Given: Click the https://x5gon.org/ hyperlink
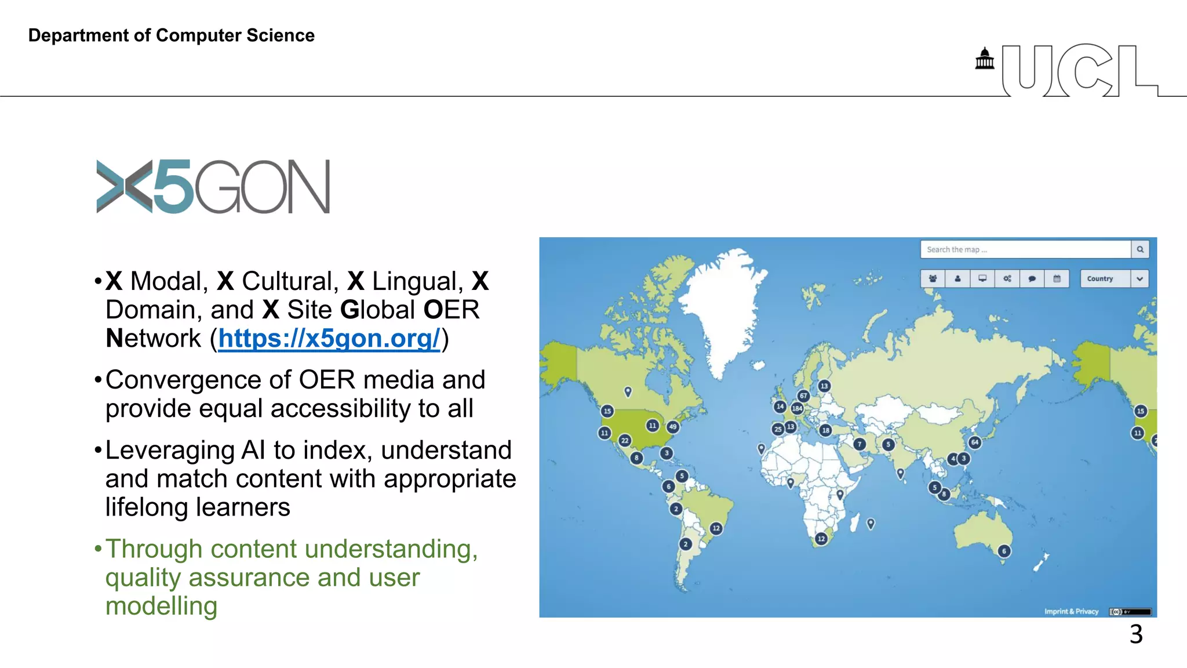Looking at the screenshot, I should pos(329,339).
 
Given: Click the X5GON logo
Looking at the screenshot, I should pos(213,187).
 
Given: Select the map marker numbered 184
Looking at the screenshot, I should pos(797,408).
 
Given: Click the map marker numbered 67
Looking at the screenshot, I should pos(803,395).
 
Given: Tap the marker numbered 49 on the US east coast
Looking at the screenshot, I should pos(672,427).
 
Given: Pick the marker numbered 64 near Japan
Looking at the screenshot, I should pos(975,442).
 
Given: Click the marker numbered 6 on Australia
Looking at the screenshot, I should pos(1004,551).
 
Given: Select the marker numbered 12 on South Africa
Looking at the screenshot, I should pos(821,539).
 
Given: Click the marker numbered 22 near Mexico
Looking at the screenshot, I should pos(625,441).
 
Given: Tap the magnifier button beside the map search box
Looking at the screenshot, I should pos(1140,249).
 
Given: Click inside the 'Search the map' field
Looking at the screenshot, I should pos(1025,249).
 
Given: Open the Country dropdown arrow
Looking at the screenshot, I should pos(1139,279).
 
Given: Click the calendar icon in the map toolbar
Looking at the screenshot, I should pos(1057,279).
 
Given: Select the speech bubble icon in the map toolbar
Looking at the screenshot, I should pos(1032,279).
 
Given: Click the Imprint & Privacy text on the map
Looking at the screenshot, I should pos(1071,611).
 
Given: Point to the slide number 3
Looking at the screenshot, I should pos(1136,634).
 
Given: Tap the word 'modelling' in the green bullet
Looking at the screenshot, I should pos(161,606).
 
